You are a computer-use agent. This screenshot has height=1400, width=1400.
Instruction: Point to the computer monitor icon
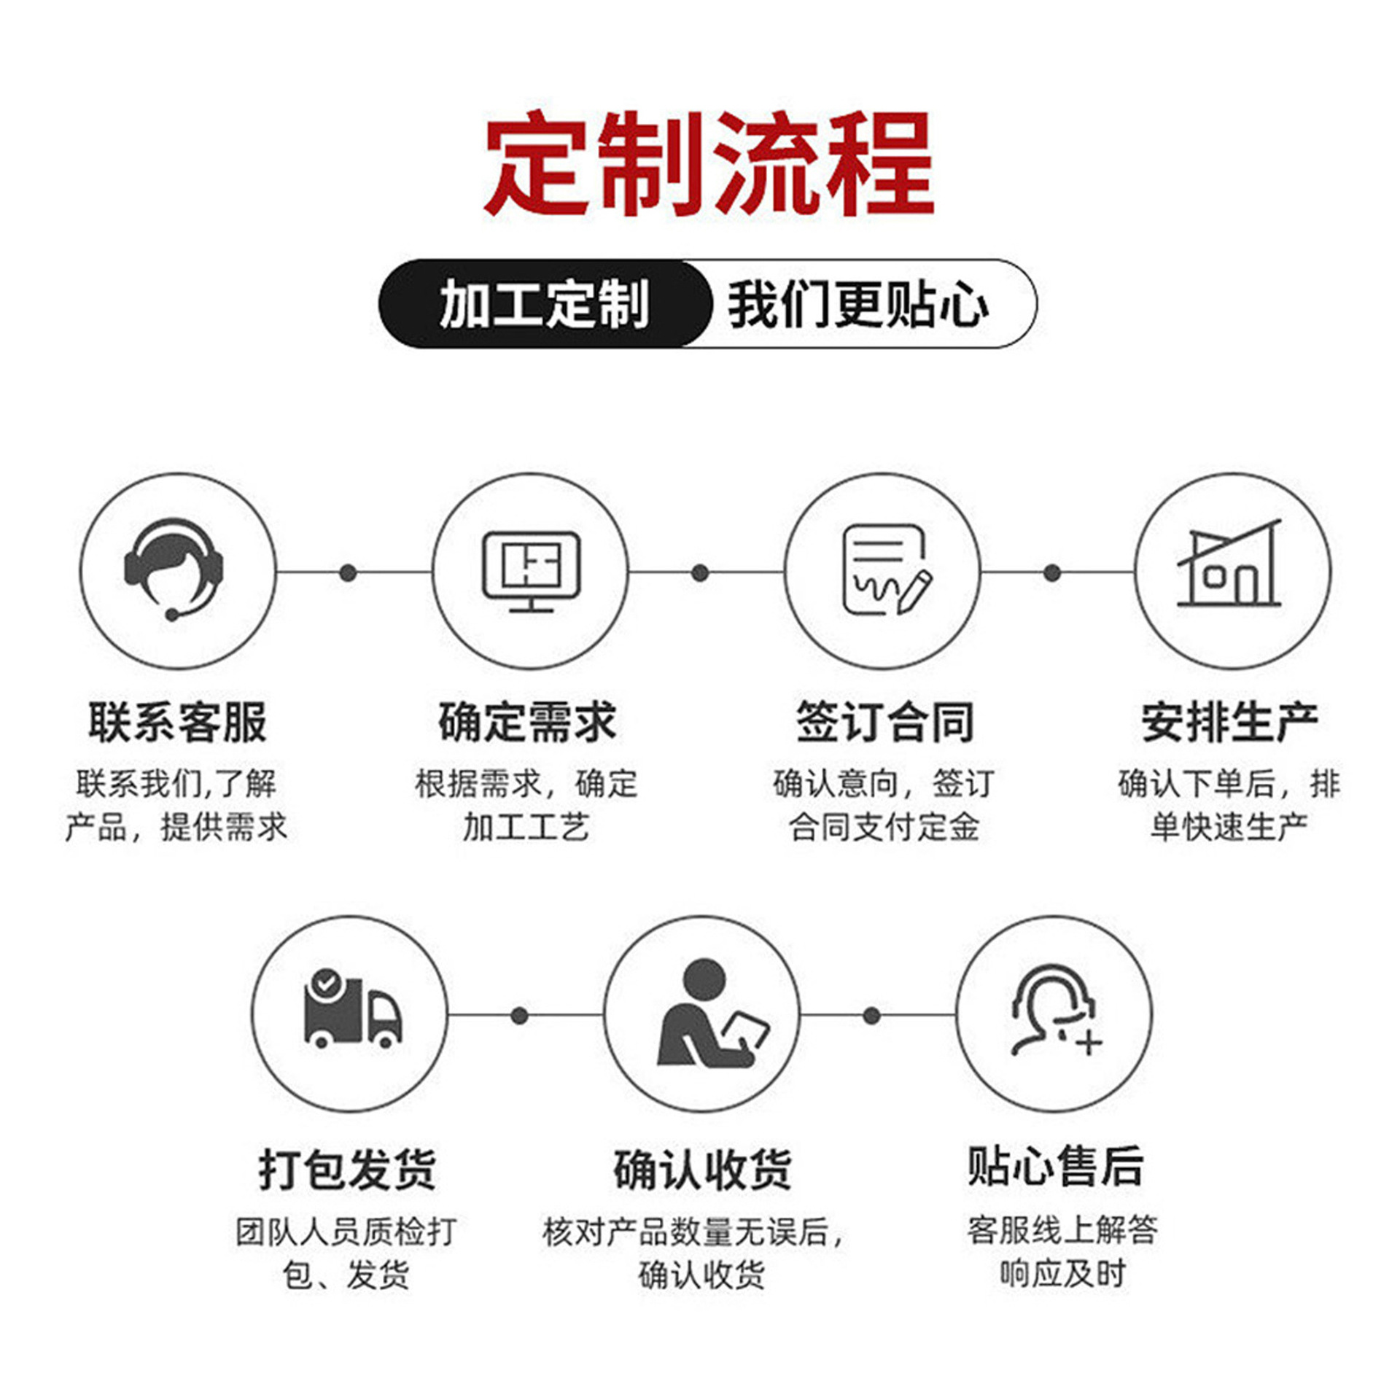531,571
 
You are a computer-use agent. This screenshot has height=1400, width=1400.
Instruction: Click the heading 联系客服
177,722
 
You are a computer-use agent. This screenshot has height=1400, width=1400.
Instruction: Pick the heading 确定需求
527,722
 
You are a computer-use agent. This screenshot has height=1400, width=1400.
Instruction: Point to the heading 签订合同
884,722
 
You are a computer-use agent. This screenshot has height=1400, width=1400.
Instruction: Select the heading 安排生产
1230,722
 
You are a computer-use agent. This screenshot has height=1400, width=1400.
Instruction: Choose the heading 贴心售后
1055,1165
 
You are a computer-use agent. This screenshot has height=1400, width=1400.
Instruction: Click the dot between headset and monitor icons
349,572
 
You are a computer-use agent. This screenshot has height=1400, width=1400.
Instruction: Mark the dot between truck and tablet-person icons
519,1015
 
